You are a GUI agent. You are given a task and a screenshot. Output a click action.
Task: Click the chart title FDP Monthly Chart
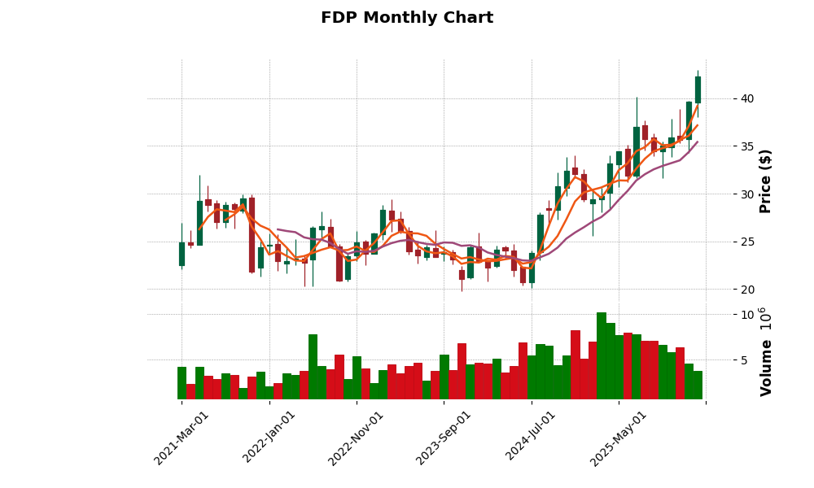pyautogui.click(x=406, y=18)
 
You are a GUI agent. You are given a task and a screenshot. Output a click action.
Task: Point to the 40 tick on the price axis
pyautogui.click(x=746, y=98)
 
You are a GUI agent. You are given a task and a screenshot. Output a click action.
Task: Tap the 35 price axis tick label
pyautogui.click(x=746, y=146)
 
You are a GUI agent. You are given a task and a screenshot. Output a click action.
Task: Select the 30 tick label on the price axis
pyautogui.click(x=746, y=194)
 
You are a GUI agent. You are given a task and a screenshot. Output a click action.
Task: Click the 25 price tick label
pyautogui.click(x=746, y=242)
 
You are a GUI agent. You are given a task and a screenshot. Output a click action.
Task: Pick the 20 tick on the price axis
pyautogui.click(x=746, y=290)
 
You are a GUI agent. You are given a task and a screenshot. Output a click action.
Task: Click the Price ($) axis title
pyautogui.click(x=766, y=181)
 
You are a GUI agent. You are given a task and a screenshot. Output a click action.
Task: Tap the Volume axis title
pyautogui.click(x=766, y=351)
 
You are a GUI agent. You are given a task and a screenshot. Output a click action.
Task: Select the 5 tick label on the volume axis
pyautogui.click(x=743, y=359)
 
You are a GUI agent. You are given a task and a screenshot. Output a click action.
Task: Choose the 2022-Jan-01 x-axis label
pyautogui.click(x=269, y=438)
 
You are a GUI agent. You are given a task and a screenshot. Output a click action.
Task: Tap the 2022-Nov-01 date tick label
pyautogui.click(x=356, y=438)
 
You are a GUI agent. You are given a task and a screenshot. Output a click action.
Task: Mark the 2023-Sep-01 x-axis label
pyautogui.click(x=444, y=438)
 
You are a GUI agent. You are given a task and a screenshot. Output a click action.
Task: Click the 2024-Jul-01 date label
pyautogui.click(x=531, y=438)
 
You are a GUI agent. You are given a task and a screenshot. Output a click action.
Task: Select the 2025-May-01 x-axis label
pyautogui.click(x=619, y=438)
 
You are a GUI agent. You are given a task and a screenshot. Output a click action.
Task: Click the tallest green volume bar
pyautogui.click(x=602, y=356)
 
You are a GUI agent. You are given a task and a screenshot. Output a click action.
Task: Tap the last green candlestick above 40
pyautogui.click(x=698, y=89)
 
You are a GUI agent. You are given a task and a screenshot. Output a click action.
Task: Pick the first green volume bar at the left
pyautogui.click(x=182, y=383)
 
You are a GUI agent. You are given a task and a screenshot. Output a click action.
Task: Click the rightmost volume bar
pyautogui.click(x=698, y=385)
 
